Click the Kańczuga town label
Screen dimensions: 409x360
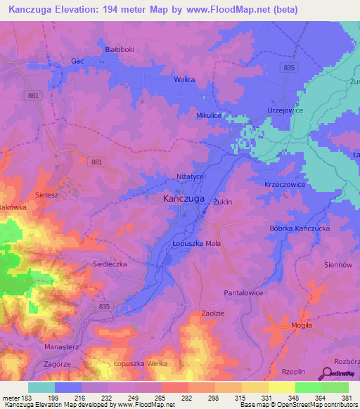184,199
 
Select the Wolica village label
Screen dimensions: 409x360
184,80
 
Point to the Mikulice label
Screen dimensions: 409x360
209,115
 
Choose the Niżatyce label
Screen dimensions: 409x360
189,176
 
